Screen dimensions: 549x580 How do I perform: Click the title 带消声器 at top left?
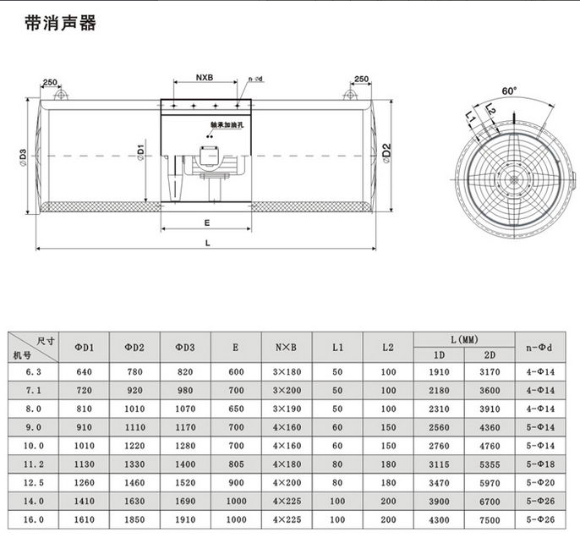pyautogui.click(x=61, y=23)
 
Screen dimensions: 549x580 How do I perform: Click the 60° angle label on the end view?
pyautogui.click(x=508, y=91)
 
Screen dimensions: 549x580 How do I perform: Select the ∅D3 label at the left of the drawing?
pyautogui.click(x=23, y=157)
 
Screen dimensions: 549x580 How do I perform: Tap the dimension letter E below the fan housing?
pyautogui.click(x=206, y=225)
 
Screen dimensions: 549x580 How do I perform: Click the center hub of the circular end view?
pyautogui.click(x=512, y=179)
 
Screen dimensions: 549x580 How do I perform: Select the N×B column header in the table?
pyautogui.click(x=287, y=347)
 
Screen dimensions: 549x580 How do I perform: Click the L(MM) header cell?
pyautogui.click(x=464, y=339)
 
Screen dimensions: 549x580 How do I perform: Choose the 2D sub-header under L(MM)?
pyautogui.click(x=490, y=355)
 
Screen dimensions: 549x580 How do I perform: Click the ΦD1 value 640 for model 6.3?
pyautogui.click(x=84, y=372)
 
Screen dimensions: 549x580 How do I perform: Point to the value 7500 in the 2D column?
pyautogui.click(x=490, y=520)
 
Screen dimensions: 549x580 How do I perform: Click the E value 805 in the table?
pyautogui.click(x=236, y=464)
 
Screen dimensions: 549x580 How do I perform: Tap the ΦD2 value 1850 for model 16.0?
pyautogui.click(x=134, y=520)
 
